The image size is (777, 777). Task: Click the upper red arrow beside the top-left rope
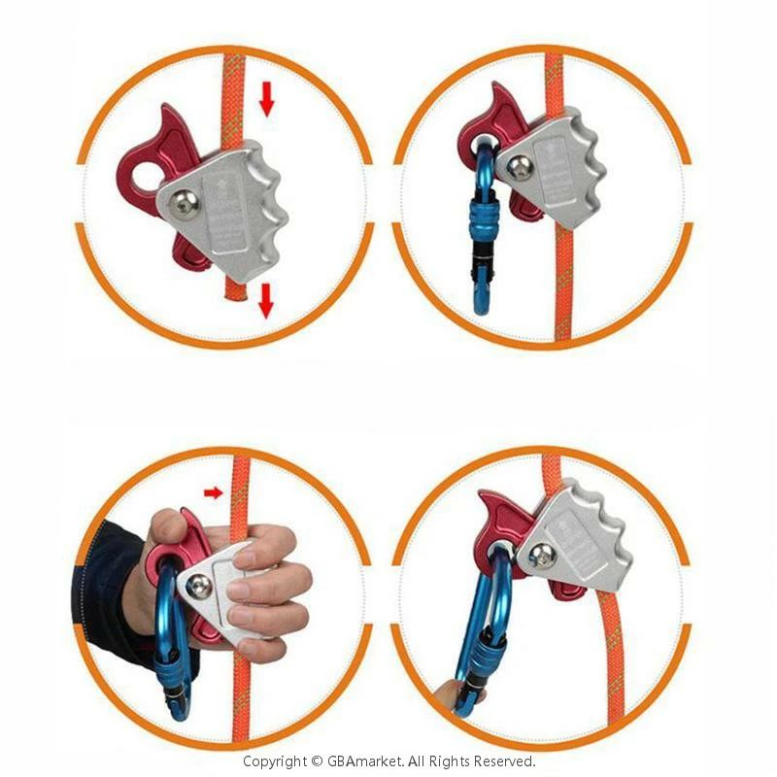click(266, 99)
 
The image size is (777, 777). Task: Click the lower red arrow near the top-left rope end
click(266, 301)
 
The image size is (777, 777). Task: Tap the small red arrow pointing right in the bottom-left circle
click(214, 492)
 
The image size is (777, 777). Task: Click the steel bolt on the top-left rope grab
click(184, 204)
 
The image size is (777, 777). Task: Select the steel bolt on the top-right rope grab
click(520, 168)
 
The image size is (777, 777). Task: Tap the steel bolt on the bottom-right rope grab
click(542, 556)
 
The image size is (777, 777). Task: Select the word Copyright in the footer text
click(275, 761)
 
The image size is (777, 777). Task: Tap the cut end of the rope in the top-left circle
click(236, 294)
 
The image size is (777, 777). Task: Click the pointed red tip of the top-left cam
click(166, 107)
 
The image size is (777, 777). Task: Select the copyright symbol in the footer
click(318, 761)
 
